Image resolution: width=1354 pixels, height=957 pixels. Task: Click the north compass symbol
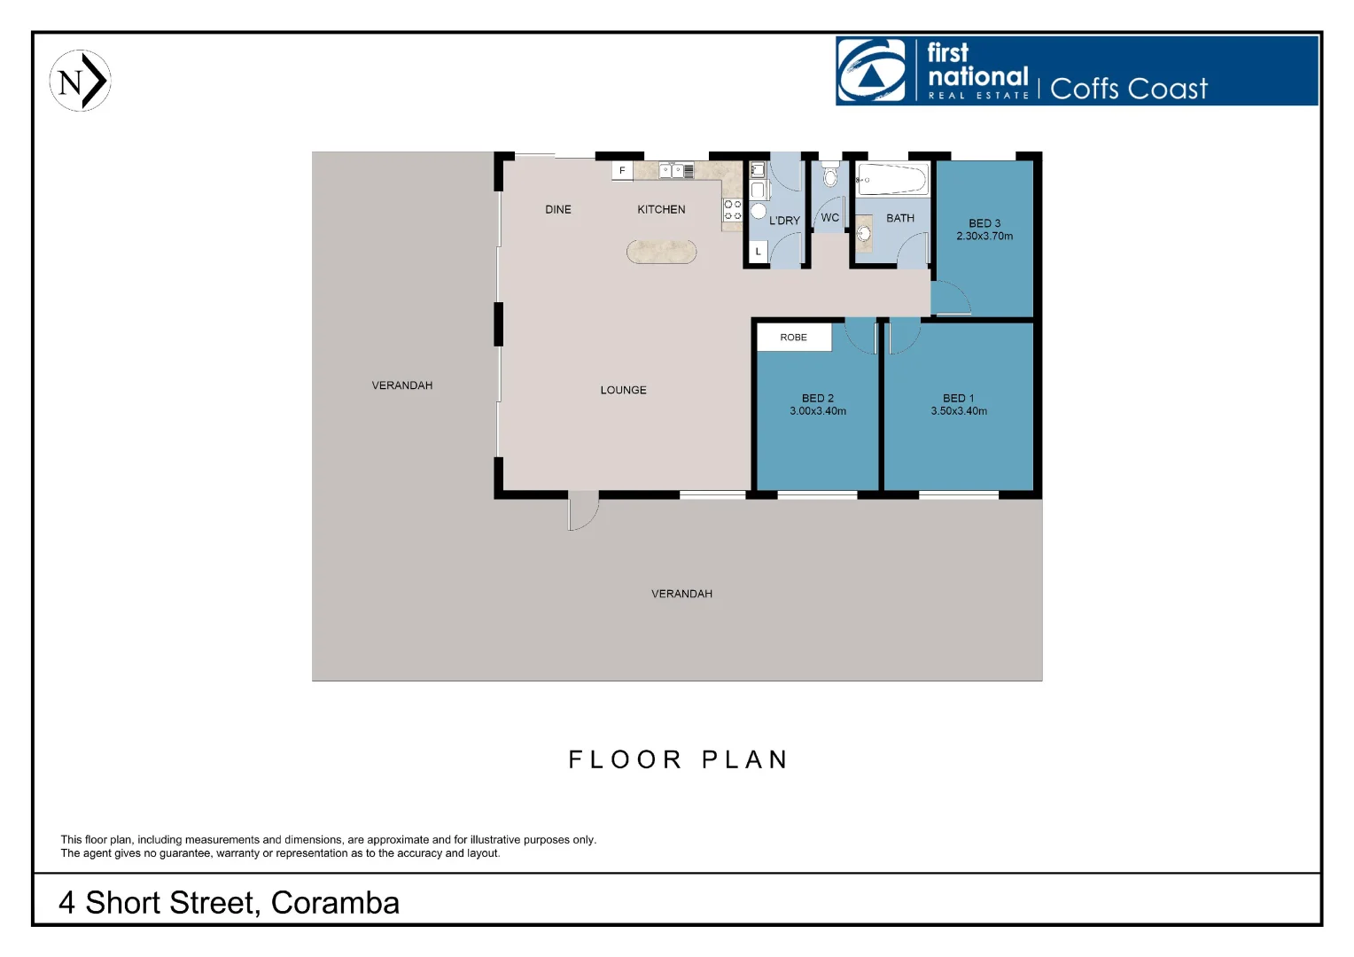click(x=80, y=81)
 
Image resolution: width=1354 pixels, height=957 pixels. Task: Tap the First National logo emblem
click(x=872, y=71)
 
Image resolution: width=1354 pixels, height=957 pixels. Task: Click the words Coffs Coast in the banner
click(x=1128, y=89)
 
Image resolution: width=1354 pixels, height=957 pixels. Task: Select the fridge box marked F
click(x=622, y=170)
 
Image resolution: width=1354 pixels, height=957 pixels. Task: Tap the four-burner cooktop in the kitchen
click(x=733, y=210)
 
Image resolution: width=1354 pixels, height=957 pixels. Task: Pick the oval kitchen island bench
click(x=661, y=252)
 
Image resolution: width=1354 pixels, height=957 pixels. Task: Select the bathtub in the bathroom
click(x=892, y=179)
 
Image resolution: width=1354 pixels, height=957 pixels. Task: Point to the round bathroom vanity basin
click(x=864, y=234)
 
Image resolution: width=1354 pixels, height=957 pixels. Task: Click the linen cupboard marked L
click(x=759, y=252)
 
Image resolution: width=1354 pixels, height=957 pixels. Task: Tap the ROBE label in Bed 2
click(x=793, y=338)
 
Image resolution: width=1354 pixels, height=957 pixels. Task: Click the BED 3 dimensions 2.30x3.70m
click(x=984, y=237)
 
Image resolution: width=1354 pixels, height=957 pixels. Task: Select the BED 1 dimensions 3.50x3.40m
click(x=958, y=411)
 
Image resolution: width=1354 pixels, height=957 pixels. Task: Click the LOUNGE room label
click(x=623, y=390)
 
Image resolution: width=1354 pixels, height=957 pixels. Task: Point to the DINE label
click(x=558, y=210)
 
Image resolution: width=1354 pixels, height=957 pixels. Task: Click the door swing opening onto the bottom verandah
click(x=582, y=512)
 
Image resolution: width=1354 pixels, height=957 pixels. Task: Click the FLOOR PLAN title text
click(x=678, y=759)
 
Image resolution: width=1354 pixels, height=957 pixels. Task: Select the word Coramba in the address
click(x=335, y=903)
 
